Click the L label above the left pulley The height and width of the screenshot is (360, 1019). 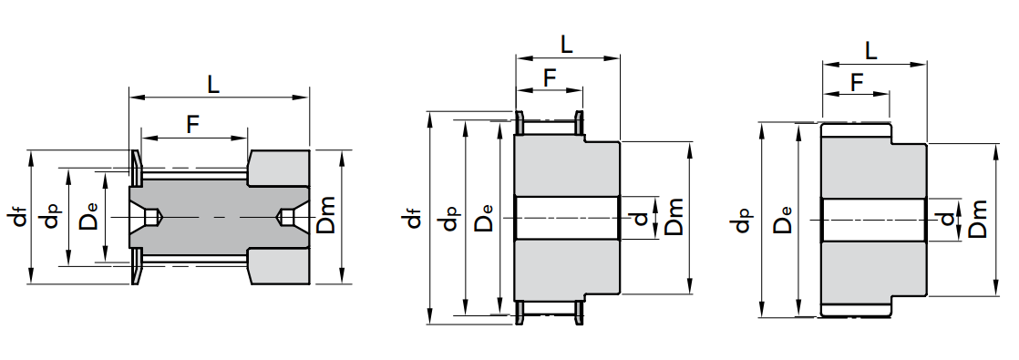[x=213, y=85]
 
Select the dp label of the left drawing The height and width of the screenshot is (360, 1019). [x=51, y=216]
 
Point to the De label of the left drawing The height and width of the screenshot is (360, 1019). [x=87, y=216]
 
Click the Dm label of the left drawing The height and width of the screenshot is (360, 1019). [x=325, y=215]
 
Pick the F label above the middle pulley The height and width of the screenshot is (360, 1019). [x=550, y=78]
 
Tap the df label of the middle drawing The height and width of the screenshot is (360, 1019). [x=414, y=218]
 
